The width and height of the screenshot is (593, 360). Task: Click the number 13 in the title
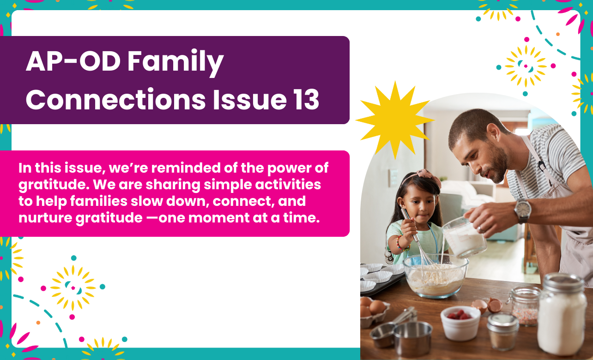[306, 99]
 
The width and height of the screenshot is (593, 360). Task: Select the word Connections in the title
[115, 99]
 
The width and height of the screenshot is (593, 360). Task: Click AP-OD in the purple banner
[73, 61]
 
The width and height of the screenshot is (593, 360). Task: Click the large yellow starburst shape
[394, 120]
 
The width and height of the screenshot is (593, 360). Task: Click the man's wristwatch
[523, 211]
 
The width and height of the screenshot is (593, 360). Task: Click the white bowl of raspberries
[460, 323]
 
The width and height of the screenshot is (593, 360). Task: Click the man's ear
[493, 132]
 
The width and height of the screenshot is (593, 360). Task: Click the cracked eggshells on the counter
[488, 305]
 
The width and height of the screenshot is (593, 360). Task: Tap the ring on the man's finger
[480, 229]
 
